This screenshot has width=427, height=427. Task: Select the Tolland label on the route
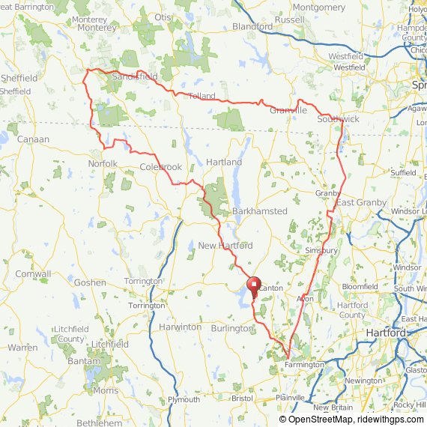pos(202,96)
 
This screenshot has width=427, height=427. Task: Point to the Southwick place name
pos(338,119)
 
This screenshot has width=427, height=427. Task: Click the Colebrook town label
pos(160,167)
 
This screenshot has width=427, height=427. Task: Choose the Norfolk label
pos(103,163)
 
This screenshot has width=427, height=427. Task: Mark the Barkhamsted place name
pos(259,211)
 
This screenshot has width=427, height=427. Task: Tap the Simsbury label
pos(321,250)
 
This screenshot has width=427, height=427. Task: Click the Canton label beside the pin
pos(272,288)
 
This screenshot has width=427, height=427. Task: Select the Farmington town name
pos(304,365)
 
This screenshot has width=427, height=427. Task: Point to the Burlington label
pos(232,328)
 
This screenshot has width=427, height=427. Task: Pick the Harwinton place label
pos(180,327)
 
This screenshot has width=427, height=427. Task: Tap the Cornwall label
pos(33,274)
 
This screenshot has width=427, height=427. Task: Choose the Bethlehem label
pos(99,423)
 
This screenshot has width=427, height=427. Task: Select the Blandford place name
pos(252,26)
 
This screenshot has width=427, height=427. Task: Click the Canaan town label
pos(33,139)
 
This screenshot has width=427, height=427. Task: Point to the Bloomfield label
pos(360,287)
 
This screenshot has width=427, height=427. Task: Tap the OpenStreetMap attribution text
pos(315,420)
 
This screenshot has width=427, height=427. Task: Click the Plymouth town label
pos(184,400)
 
